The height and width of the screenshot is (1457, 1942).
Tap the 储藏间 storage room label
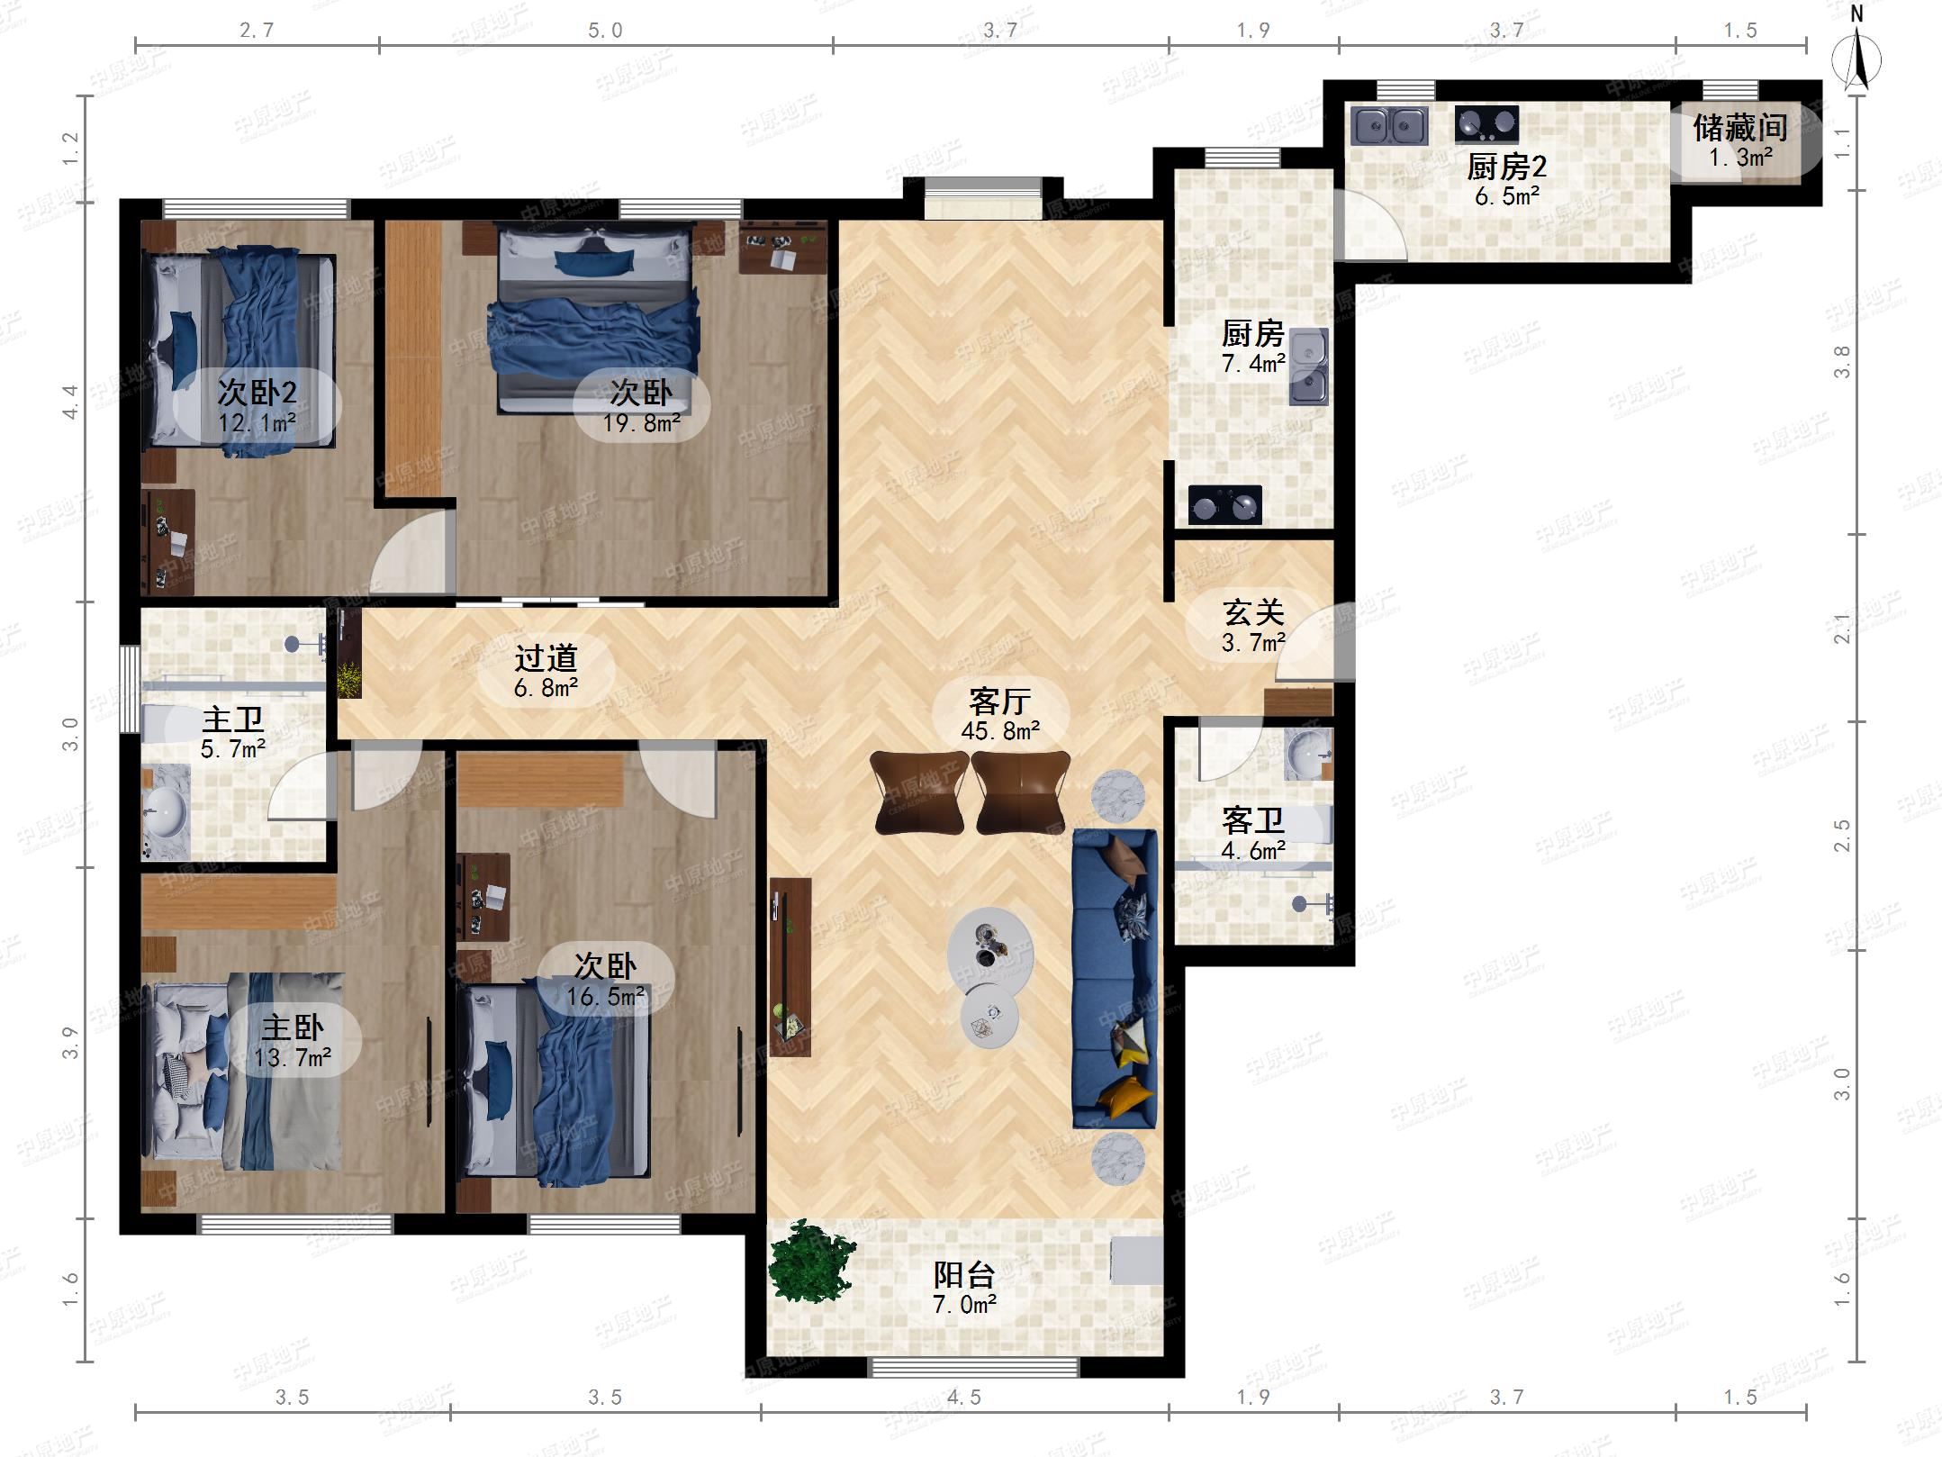[x=1739, y=128]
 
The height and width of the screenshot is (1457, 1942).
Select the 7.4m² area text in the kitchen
[x=1253, y=364]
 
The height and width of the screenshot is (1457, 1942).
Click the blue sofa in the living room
[x=1115, y=978]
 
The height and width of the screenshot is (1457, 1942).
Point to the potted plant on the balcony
[x=811, y=1261]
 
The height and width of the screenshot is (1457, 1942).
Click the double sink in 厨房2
[x=1389, y=126]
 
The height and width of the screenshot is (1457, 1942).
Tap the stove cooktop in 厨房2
[x=1486, y=124]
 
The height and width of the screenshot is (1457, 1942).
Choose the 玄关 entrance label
[x=1252, y=612]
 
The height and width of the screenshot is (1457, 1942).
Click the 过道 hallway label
[x=546, y=658]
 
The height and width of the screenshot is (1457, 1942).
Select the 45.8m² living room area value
[x=1000, y=731]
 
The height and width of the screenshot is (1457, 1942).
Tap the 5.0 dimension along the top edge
[x=605, y=31]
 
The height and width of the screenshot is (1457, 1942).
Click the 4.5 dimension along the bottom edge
[x=963, y=1397]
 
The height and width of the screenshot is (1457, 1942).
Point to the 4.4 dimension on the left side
[x=70, y=402]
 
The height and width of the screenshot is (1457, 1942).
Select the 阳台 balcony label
[x=963, y=1274]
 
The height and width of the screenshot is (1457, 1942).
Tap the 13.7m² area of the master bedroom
[x=292, y=1057]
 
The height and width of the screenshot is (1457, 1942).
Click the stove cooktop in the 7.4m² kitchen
[x=1225, y=505]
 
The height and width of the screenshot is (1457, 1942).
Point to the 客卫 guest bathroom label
[x=1252, y=820]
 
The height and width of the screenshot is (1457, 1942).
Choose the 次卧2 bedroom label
[x=257, y=393]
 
